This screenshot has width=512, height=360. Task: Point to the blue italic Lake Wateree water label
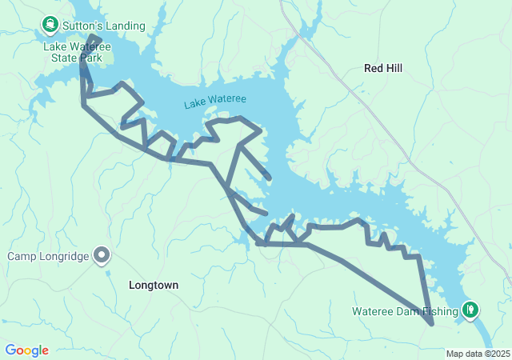tap(215, 102)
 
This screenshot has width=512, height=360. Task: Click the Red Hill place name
tap(383, 69)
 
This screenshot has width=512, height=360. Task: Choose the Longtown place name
tap(154, 285)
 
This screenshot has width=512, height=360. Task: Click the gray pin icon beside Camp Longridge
tap(102, 256)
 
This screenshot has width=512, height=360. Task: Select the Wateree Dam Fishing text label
tap(406, 310)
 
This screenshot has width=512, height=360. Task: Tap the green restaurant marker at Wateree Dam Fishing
tap(471, 309)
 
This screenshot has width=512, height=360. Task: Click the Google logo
tap(26, 350)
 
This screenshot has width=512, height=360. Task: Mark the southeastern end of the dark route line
tap(432, 324)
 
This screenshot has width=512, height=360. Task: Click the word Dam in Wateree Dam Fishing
tap(406, 310)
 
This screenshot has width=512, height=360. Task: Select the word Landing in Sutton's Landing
tap(125, 26)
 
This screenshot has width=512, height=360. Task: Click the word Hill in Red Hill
tap(394, 69)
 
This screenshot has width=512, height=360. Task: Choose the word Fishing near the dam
tap(439, 310)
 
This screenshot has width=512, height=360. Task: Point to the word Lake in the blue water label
tap(194, 105)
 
